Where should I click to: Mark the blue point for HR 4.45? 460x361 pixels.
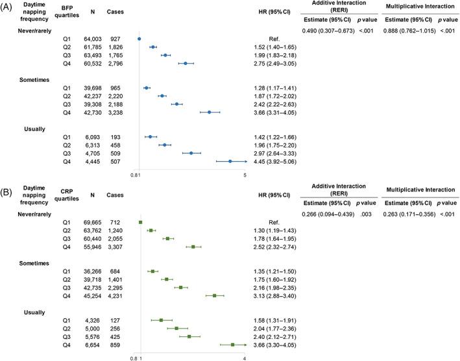230,161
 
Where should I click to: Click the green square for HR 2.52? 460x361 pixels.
193,247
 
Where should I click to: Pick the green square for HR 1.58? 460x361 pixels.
161,320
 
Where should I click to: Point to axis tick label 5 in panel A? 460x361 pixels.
245,175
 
